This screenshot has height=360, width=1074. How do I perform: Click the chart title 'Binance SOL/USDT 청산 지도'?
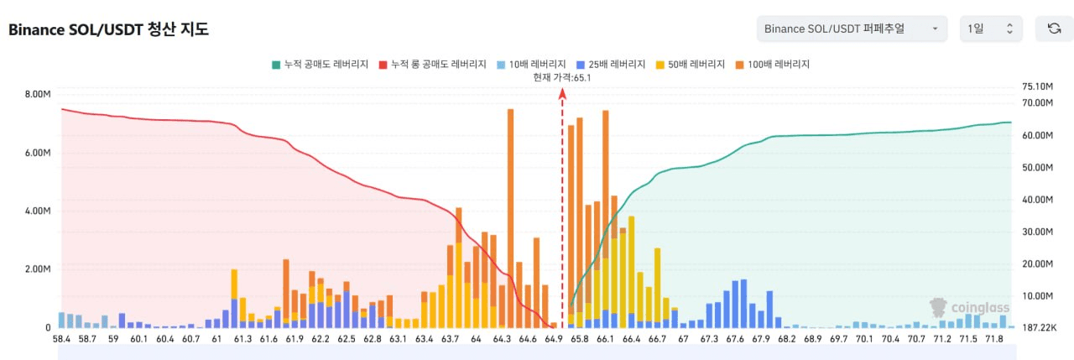108,29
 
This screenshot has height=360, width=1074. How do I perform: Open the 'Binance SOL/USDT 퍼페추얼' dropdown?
852,29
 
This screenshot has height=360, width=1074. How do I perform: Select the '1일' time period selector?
991,29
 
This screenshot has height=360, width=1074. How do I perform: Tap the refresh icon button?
1054,29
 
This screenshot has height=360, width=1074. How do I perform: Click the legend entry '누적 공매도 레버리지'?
320,65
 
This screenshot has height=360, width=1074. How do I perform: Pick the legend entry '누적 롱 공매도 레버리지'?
432,65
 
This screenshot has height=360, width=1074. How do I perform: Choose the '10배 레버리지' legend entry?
531,65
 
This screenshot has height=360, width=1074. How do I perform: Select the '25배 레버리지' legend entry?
610,65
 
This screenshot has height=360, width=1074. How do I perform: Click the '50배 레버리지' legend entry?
690,65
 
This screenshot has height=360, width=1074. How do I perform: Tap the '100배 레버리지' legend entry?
773,65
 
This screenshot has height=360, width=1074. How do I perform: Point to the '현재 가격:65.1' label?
562,78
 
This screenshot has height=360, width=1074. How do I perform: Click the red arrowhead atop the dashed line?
562,93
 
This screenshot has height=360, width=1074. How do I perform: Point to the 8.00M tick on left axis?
38,94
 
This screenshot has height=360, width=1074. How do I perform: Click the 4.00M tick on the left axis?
38,211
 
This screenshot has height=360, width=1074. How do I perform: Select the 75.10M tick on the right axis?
1038,86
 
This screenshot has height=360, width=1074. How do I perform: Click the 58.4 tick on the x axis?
61,339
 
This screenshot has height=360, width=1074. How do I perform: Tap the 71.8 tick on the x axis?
994,339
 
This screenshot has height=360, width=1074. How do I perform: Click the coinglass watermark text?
980,308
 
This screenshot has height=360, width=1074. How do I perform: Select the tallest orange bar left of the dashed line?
510,218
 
